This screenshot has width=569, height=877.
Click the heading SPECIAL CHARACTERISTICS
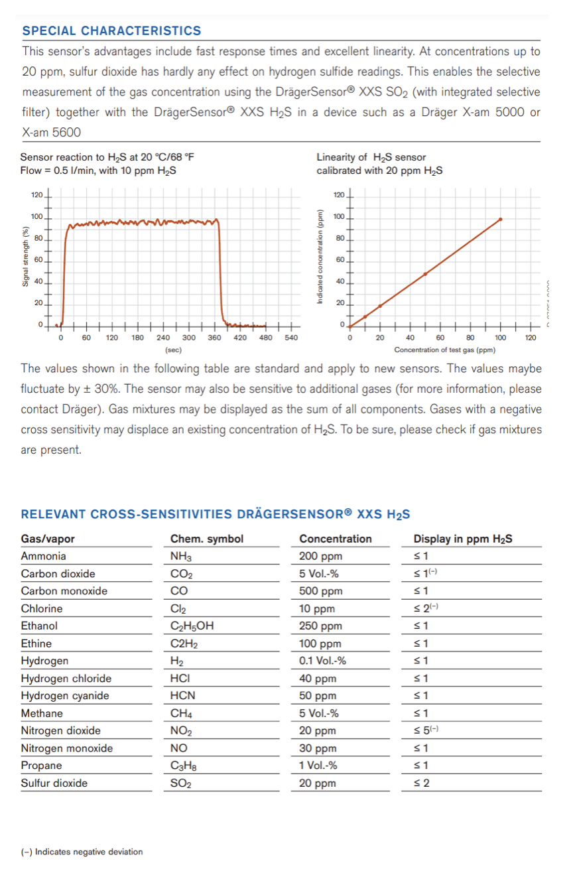pyautogui.click(x=111, y=31)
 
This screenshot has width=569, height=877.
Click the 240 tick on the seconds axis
pyautogui.click(x=163, y=338)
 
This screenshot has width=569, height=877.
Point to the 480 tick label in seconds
pyautogui.click(x=265, y=338)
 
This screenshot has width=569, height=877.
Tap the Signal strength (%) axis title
pyautogui.click(x=26, y=257)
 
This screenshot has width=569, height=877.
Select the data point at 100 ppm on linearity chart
pyautogui.click(x=500, y=219)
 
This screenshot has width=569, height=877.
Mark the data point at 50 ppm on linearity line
pyautogui.click(x=425, y=273)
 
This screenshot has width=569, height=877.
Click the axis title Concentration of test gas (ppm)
pyautogui.click(x=445, y=349)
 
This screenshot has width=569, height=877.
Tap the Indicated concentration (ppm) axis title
pyautogui.click(x=320, y=258)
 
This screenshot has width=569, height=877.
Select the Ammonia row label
pyautogui.click(x=44, y=556)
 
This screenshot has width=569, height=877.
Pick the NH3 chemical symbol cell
pyautogui.click(x=181, y=557)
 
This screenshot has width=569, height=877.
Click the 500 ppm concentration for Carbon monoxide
pyautogui.click(x=321, y=591)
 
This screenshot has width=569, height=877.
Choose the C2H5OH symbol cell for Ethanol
pyautogui.click(x=192, y=626)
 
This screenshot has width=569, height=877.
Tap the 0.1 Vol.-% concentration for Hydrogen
pyautogui.click(x=322, y=661)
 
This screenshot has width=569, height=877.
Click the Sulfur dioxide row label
pyautogui.click(x=54, y=783)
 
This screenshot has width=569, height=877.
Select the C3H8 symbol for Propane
pyautogui.click(x=182, y=766)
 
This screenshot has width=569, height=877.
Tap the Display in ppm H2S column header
pyautogui.click(x=462, y=539)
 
